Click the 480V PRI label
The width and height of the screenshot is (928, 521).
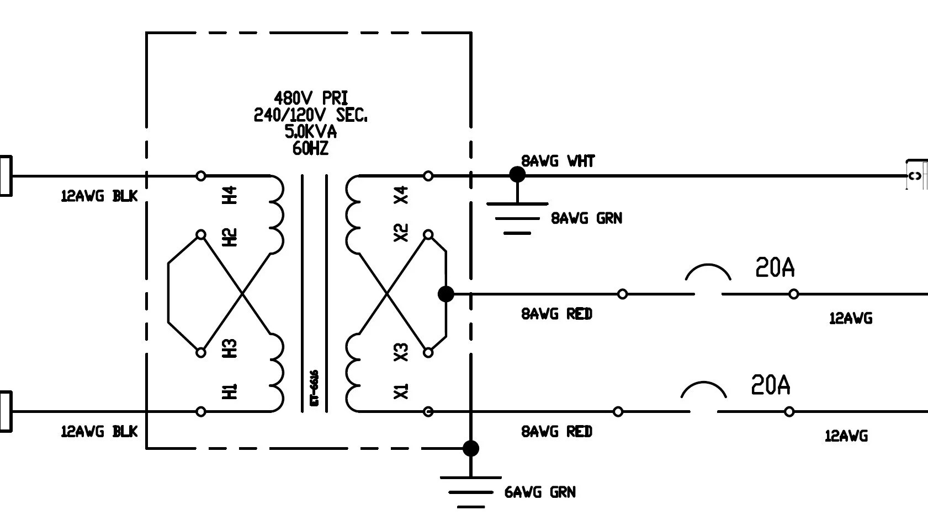(311, 99)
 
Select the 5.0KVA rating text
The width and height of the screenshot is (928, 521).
(310, 132)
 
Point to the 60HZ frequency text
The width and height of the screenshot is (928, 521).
(310, 149)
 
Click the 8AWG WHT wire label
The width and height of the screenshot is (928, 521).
(558, 161)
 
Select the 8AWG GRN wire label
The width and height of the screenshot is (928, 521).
(586, 218)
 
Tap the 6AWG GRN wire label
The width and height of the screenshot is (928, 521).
(540, 492)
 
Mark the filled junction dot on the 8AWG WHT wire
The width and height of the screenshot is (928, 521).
(517, 175)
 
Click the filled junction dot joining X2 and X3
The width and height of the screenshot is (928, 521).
(446, 294)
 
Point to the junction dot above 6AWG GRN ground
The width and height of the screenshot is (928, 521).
(470, 448)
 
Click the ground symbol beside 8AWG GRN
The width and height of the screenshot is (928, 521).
(517, 218)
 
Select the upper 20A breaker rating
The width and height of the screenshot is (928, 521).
(775, 268)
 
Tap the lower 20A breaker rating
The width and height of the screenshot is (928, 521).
(771, 385)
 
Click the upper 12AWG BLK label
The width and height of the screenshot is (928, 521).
(99, 196)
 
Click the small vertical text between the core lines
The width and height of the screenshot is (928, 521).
(315, 388)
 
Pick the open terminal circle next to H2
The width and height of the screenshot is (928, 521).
(201, 235)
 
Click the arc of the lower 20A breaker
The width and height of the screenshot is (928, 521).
(704, 389)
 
